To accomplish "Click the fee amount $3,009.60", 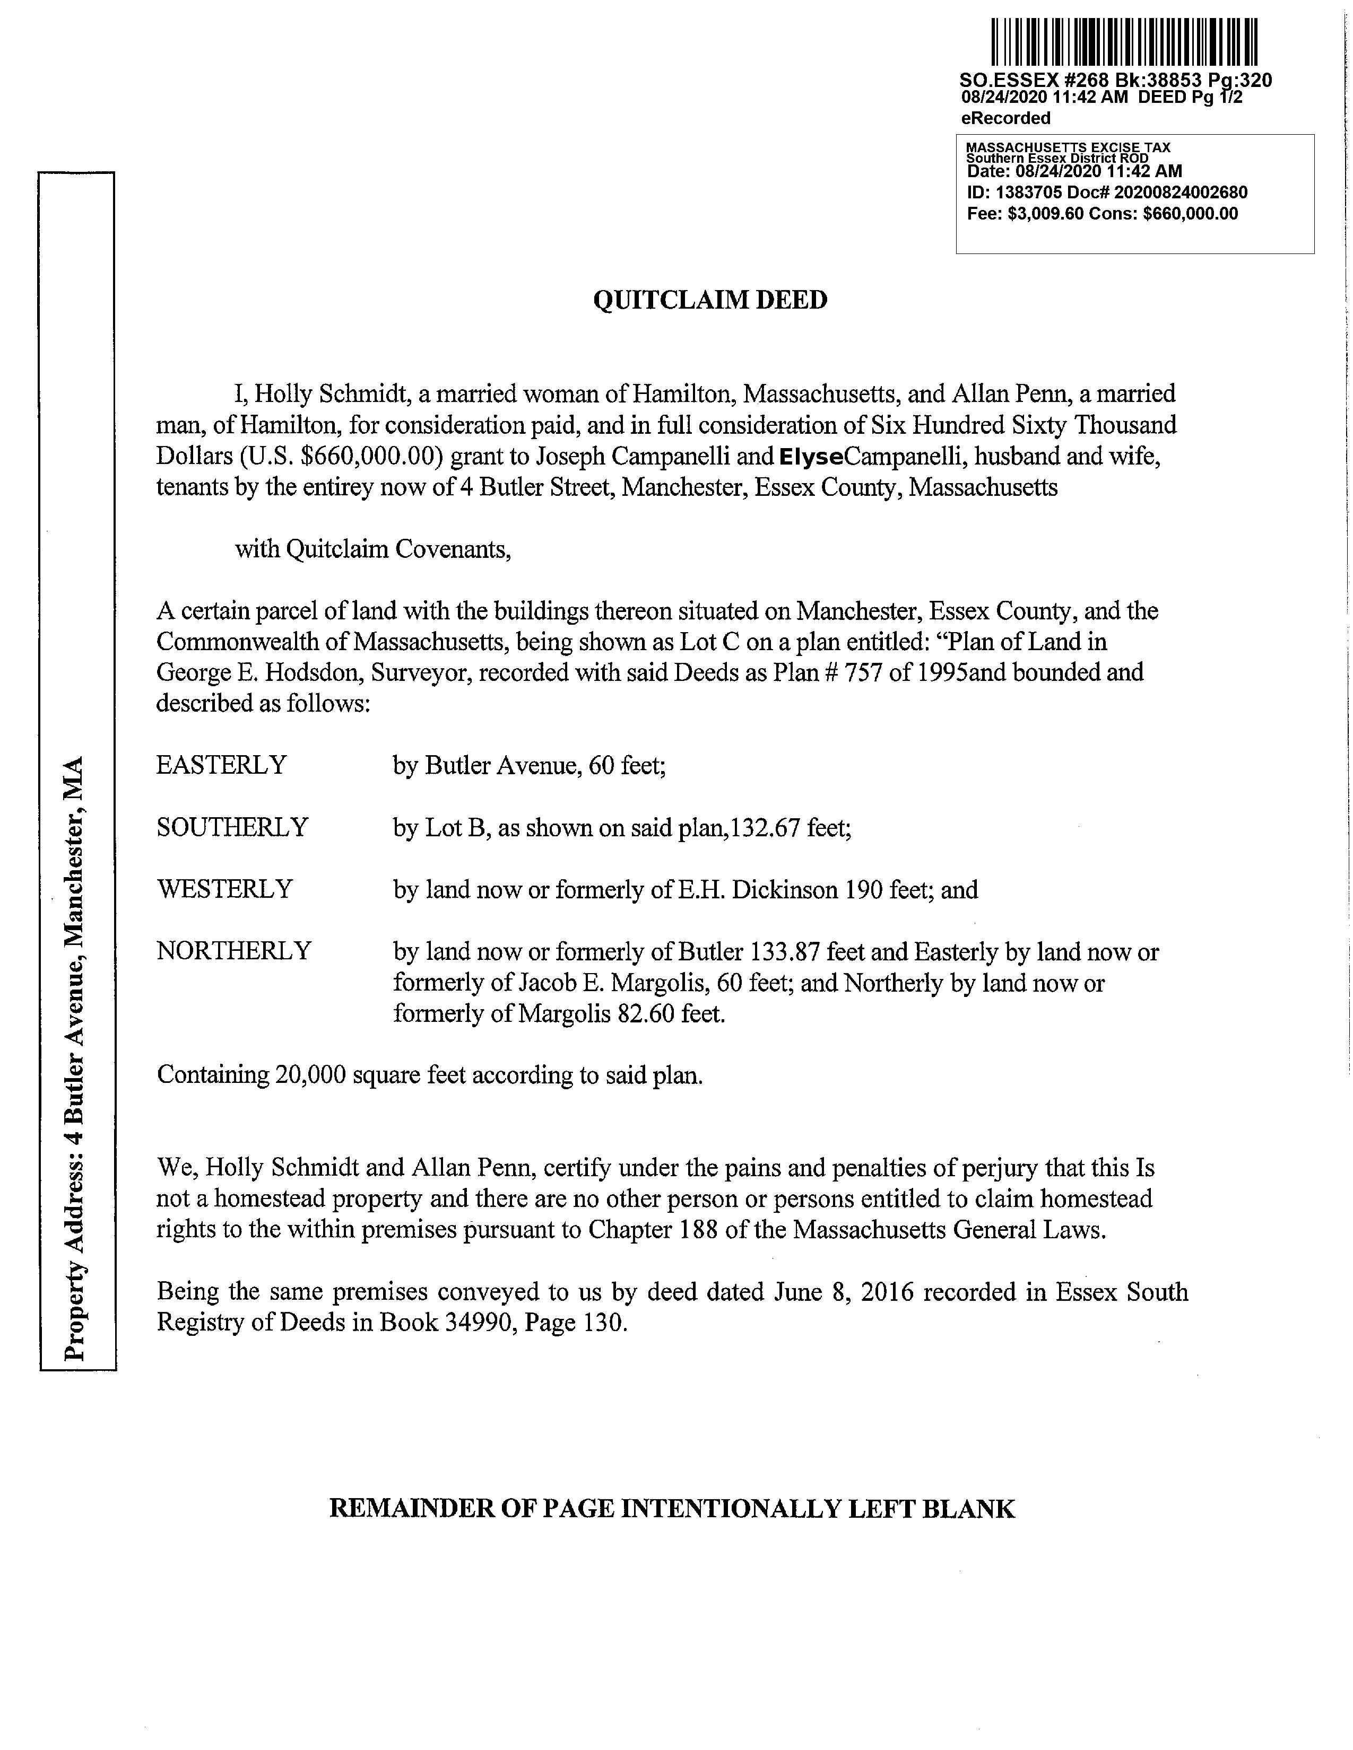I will point(1044,214).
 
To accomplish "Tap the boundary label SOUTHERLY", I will point(232,827).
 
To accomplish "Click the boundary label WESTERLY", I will point(224,889).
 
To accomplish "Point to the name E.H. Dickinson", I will point(758,889).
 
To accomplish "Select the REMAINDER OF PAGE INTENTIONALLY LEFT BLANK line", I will point(672,1509).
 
